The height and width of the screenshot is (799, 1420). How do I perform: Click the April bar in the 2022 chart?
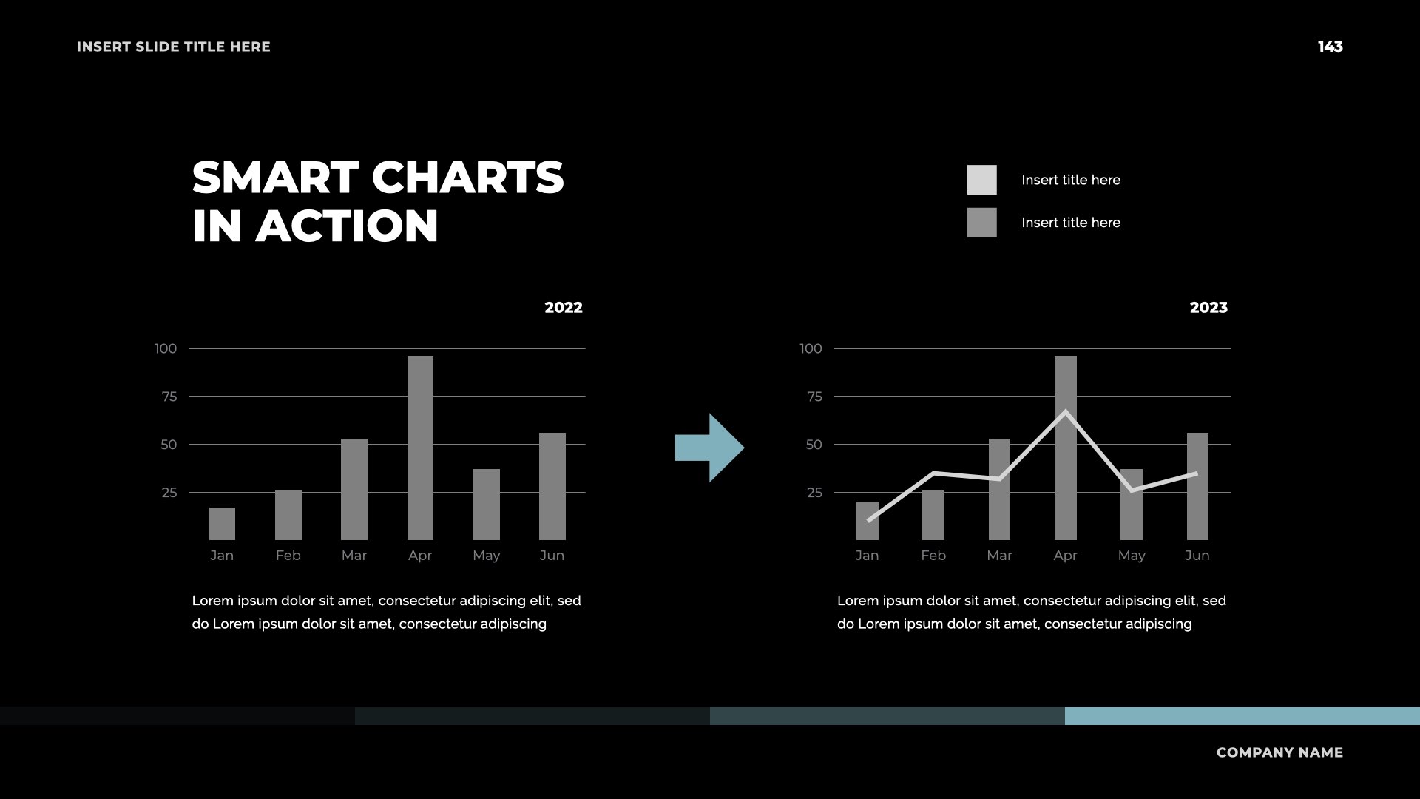420,448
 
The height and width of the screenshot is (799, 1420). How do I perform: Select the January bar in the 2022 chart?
222,524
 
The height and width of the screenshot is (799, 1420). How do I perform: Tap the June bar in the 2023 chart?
1197,486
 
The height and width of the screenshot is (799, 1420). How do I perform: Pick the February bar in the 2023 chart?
933,515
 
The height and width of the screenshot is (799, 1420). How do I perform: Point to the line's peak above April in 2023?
1066,411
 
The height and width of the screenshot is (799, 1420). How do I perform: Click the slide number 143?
1330,47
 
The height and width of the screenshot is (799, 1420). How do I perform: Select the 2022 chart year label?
564,308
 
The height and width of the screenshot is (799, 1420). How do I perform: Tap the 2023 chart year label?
1208,308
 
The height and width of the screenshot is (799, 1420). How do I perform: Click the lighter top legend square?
981,180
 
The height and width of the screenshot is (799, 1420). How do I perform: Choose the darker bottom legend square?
981,223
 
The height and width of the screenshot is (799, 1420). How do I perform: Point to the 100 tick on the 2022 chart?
166,348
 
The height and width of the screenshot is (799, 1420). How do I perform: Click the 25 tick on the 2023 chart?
814,493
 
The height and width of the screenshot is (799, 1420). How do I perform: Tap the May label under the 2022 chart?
487,556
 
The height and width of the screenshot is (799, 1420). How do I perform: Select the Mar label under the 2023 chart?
999,556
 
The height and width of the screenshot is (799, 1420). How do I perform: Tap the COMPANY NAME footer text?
1279,752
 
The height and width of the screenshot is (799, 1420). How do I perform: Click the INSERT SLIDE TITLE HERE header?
174,47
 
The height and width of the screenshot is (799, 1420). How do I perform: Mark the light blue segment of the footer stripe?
1242,715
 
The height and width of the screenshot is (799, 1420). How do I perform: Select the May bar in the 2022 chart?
487,505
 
